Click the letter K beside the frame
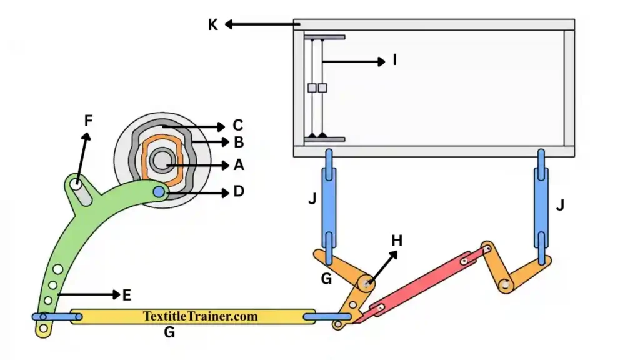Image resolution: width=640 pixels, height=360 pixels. tap(213, 25)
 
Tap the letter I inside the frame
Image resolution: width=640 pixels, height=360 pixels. tap(394, 61)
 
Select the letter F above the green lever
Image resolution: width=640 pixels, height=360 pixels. tap(88, 121)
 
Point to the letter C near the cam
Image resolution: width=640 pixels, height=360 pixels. tap(237, 125)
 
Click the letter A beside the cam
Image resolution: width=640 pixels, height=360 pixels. tap(238, 165)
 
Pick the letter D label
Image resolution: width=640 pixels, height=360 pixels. tap(238, 192)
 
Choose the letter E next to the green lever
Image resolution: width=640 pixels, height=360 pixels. tap(126, 294)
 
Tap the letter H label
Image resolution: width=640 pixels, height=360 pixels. tap(397, 241)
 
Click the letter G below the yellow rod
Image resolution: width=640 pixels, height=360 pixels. tap(169, 333)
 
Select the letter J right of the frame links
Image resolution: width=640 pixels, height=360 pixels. tap(560, 204)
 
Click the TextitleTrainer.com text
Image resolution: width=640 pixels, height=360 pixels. tap(200, 316)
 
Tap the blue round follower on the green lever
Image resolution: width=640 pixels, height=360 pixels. tap(159, 192)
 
